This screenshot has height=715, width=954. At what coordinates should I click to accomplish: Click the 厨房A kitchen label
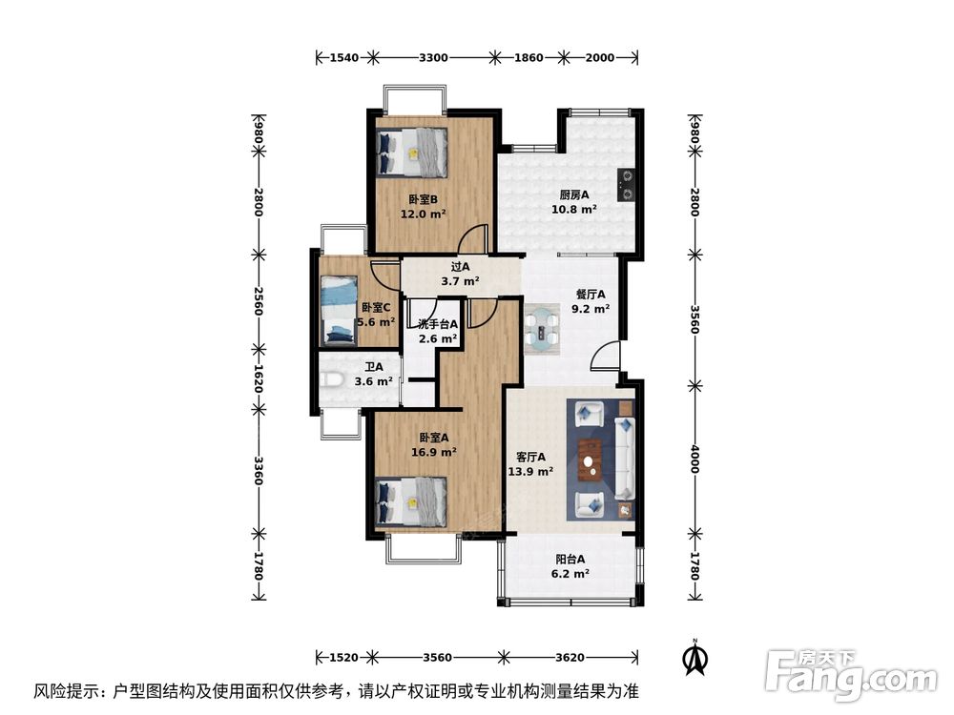click(573, 195)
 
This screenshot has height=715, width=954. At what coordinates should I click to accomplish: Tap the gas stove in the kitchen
click(626, 185)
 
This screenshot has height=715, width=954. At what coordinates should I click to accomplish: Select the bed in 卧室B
click(412, 152)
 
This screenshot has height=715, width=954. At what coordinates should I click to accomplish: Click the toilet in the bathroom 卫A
click(331, 380)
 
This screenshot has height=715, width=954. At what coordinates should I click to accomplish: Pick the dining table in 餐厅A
click(543, 328)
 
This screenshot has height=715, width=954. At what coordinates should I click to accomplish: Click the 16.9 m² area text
click(434, 452)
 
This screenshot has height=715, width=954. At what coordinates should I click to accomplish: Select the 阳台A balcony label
click(570, 559)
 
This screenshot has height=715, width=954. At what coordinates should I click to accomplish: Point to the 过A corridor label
click(460, 266)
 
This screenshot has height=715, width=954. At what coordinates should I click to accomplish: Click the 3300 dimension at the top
click(433, 58)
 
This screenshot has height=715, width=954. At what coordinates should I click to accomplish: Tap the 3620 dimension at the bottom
click(570, 657)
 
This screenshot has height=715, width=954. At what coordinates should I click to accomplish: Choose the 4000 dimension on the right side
click(695, 460)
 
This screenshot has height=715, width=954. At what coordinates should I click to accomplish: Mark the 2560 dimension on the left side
click(259, 300)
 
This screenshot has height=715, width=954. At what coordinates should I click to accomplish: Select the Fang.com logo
click(851, 675)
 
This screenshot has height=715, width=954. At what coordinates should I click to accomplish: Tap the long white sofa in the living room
click(624, 458)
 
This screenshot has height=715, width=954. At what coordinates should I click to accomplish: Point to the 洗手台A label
click(438, 325)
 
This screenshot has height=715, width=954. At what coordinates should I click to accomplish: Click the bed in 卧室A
click(412, 501)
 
